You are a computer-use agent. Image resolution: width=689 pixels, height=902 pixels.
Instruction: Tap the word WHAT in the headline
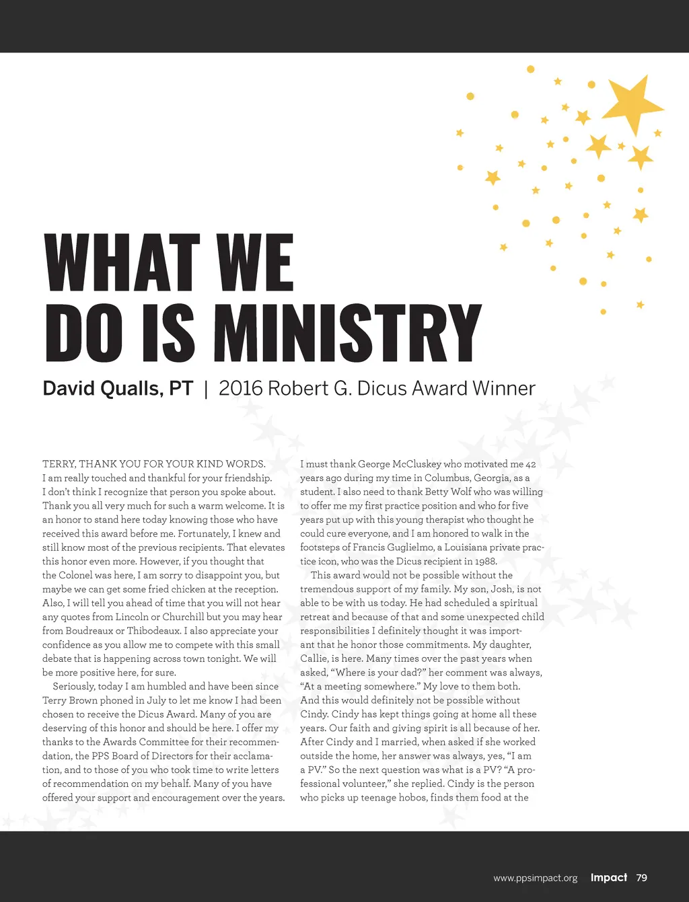[x=122, y=263]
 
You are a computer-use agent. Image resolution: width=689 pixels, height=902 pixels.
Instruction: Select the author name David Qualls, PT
[x=118, y=388]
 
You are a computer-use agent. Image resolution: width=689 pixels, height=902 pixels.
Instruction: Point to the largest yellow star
[x=631, y=103]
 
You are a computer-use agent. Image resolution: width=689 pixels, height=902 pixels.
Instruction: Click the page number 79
[x=641, y=877]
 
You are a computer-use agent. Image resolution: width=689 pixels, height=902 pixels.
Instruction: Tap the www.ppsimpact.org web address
[x=535, y=878]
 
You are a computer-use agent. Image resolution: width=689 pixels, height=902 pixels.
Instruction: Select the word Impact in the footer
[x=608, y=877]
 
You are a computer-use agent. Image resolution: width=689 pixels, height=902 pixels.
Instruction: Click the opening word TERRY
[x=58, y=464]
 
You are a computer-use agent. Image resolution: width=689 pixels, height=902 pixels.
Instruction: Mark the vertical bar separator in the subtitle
[x=206, y=389]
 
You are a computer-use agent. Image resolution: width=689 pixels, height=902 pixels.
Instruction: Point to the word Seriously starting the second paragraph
[x=75, y=686]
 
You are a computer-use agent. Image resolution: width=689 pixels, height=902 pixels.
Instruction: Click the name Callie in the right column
[x=314, y=659]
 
